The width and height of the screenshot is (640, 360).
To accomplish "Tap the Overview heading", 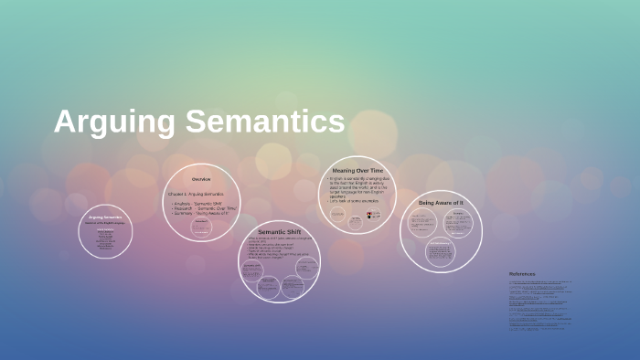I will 201,178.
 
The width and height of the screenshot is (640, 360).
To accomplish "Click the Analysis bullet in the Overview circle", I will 197,203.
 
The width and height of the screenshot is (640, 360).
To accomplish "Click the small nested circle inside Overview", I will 201,227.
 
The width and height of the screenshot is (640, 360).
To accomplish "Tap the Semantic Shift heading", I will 279,231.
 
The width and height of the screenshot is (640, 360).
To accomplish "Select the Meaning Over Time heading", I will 357,170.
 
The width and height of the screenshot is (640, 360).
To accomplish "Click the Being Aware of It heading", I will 441,202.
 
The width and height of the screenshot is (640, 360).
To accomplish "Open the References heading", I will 522,273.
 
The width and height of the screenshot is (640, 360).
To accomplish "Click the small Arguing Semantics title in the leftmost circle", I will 105,217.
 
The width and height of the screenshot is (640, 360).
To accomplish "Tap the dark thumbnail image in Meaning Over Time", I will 373,216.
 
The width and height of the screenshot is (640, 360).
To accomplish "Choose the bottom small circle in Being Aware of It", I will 441,250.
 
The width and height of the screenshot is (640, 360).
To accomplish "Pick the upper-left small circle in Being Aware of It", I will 422,223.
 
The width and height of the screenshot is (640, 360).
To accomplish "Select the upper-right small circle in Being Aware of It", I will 458,222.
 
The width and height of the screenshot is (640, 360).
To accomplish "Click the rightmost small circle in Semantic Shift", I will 307,268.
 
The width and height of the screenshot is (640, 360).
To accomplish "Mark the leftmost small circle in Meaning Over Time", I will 338,216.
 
